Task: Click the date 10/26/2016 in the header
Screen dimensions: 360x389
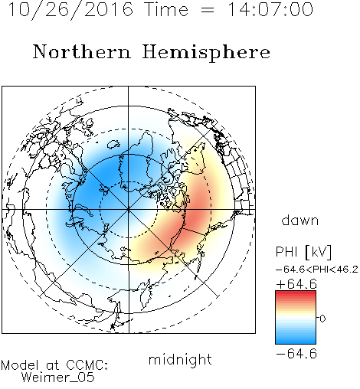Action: click(70, 10)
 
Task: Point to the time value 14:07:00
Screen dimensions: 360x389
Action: click(270, 9)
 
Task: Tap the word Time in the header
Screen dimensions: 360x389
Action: click(166, 9)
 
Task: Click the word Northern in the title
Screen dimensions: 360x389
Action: click(82, 51)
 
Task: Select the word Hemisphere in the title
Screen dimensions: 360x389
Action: click(206, 53)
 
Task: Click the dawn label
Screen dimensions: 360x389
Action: click(300, 220)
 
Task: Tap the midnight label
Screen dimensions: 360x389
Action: click(180, 359)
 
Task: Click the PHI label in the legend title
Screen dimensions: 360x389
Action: click(286, 252)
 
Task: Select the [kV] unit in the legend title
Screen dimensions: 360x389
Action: click(318, 252)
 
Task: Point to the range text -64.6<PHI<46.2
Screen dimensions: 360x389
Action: click(317, 270)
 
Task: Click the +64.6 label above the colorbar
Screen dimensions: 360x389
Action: click(296, 284)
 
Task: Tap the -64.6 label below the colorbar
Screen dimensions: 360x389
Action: click(296, 354)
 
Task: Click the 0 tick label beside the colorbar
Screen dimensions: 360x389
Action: click(322, 319)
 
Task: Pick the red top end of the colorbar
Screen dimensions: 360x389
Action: click(296, 293)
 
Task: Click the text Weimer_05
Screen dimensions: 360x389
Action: click(58, 378)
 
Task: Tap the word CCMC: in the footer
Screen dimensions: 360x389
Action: click(87, 365)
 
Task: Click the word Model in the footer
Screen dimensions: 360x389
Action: click(20, 365)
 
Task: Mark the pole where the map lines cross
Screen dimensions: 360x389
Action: click(129, 210)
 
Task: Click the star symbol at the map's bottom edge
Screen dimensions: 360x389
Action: click(113, 326)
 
